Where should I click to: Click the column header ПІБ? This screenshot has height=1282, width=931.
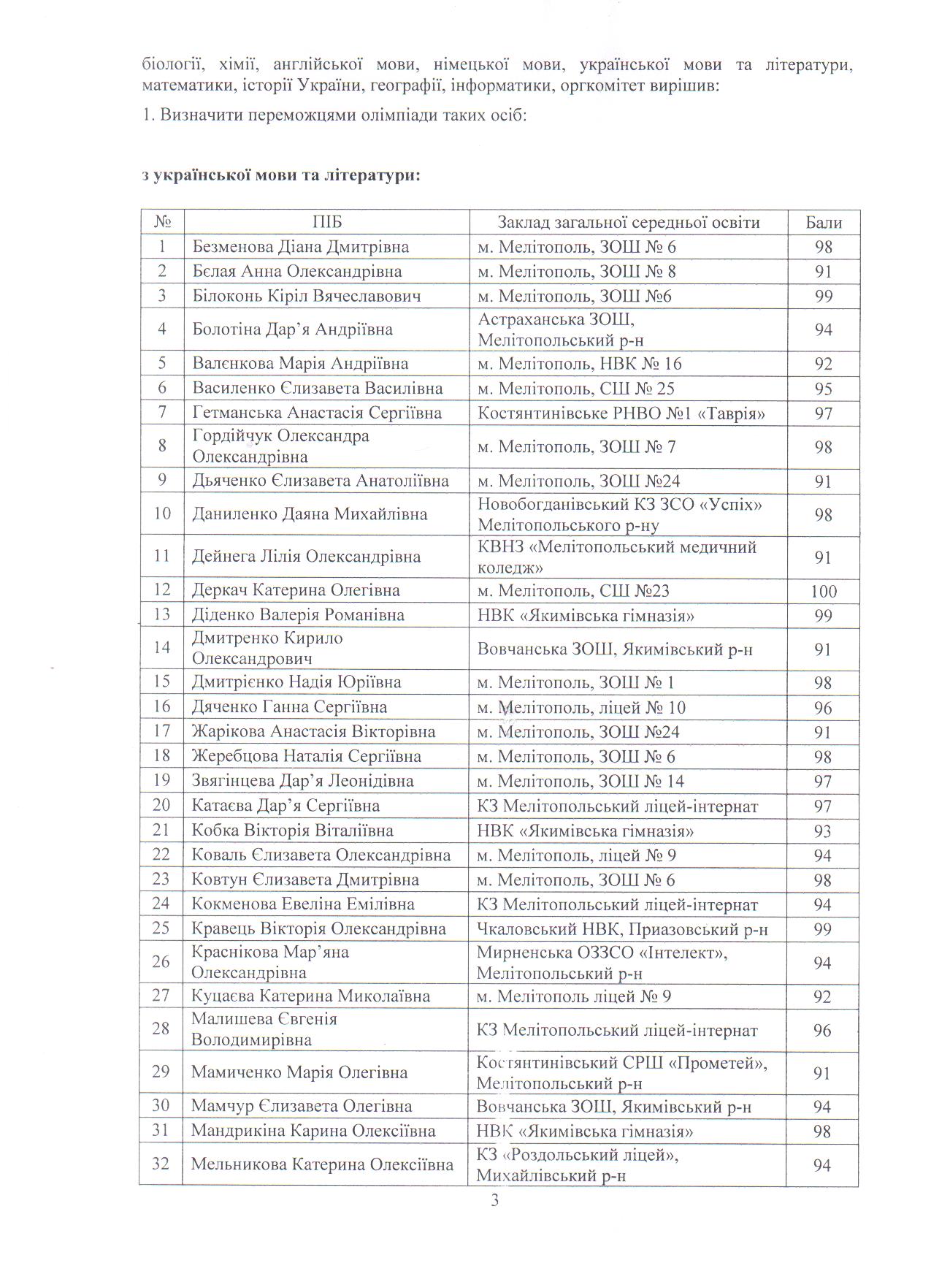tap(326, 222)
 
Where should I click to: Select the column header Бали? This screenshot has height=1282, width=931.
tap(823, 223)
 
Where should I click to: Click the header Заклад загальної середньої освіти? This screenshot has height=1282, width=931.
tap(628, 222)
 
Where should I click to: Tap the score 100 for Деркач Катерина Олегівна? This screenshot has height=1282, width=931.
tap(823, 591)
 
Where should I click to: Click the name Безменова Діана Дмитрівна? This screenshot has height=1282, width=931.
tap(300, 247)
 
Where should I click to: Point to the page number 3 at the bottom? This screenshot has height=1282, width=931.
tap(495, 1199)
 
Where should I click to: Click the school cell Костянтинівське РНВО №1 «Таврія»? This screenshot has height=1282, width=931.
tap(621, 413)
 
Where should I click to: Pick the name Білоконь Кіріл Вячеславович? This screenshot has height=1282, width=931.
tap(307, 296)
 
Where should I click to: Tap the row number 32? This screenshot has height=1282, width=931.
tap(161, 1164)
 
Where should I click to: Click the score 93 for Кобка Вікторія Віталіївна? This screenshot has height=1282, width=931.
tap(823, 831)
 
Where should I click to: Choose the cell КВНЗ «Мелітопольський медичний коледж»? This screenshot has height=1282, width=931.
tap(617, 557)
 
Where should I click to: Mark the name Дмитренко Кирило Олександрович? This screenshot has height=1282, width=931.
tap(267, 648)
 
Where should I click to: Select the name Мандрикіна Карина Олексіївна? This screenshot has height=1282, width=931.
tap(313, 1131)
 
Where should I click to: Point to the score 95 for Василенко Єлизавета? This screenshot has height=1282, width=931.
tap(823, 389)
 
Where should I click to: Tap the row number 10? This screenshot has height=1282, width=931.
tap(161, 514)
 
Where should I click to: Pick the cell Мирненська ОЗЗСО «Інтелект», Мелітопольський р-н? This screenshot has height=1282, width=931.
tap(602, 963)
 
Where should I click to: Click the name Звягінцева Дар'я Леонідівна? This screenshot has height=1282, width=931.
tap(302, 781)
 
